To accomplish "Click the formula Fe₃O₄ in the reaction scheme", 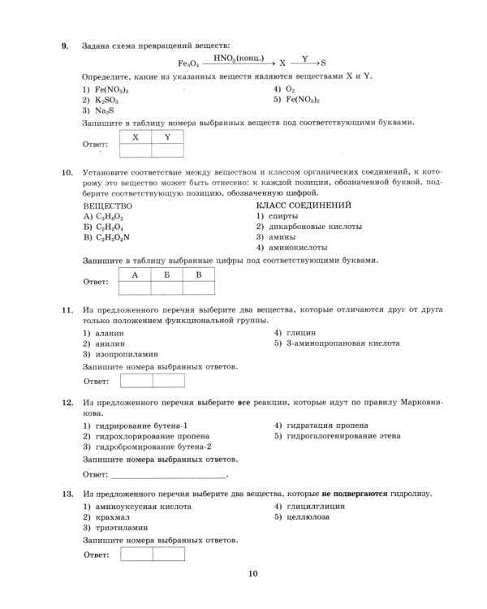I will (x=188, y=63).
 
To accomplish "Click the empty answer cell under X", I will (x=136, y=149).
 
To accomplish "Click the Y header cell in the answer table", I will (x=167, y=136).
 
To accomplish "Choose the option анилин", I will (x=103, y=343).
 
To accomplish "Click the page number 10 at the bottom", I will (x=252, y=575).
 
